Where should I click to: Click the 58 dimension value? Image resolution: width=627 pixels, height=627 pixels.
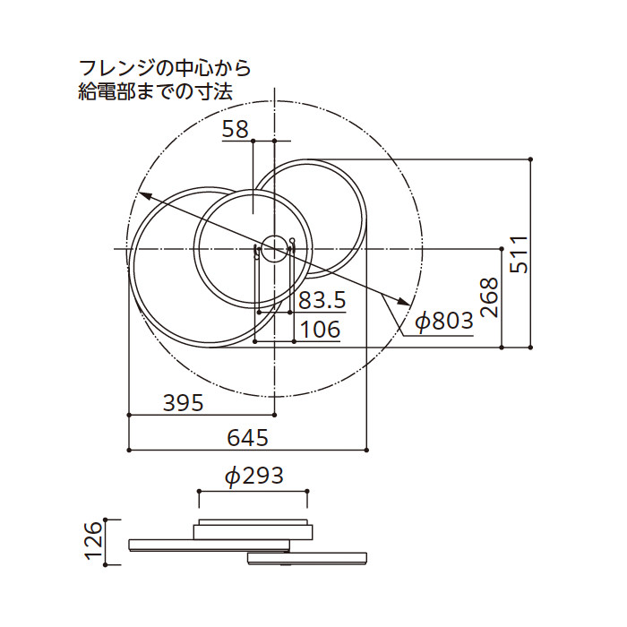[236, 129]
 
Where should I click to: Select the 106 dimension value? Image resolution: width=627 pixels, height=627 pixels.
[321, 329]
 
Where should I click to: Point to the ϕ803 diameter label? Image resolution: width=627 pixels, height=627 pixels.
[443, 321]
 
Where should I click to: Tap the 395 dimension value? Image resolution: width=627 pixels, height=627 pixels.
[184, 402]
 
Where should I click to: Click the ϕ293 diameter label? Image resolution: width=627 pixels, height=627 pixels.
[253, 476]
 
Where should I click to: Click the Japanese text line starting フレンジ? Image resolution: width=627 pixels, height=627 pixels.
[164, 67]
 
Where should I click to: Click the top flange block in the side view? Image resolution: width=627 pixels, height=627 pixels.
[253, 528]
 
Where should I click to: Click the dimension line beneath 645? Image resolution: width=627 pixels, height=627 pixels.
[248, 449]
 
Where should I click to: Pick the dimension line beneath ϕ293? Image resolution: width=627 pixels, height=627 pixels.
[253, 491]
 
